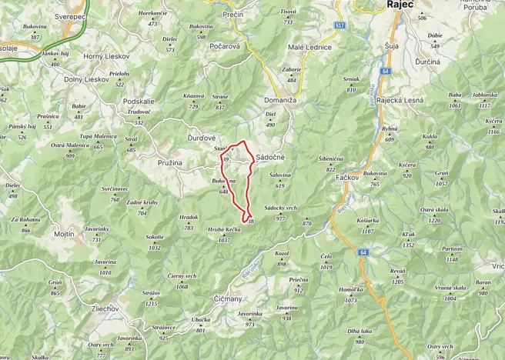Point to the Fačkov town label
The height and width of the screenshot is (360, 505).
pyautogui.click(x=350, y=178)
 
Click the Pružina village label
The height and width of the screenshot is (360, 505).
pyautogui.click(x=169, y=163)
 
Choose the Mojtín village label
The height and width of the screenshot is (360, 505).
pyautogui.click(x=65, y=233)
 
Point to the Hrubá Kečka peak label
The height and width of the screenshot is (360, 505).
pyautogui.click(x=224, y=230)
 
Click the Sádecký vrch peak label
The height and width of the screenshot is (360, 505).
pyautogui.click(x=280, y=208)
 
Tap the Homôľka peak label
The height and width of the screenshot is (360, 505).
pyautogui.click(x=350, y=290)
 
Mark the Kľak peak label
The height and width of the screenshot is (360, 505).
pyautogui.click(x=408, y=235)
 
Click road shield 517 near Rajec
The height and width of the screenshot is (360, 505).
pyautogui.click(x=339, y=25)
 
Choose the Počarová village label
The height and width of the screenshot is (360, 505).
pyautogui.click(x=225, y=46)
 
